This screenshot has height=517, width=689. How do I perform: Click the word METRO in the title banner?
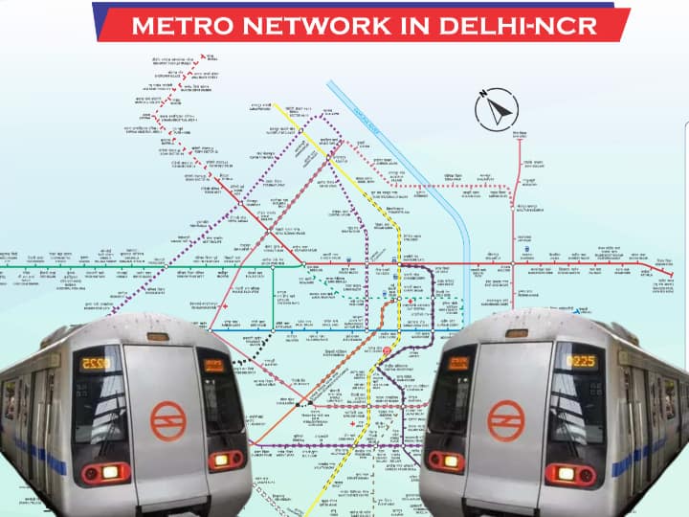point(176,25)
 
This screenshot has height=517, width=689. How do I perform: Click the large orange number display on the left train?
point(96,362)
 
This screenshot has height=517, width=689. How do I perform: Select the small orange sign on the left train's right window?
point(213,364)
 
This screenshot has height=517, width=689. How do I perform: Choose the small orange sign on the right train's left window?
point(459,364)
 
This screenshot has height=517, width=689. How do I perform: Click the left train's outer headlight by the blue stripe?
point(102,473)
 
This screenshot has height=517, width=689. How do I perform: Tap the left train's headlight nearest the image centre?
point(226,460)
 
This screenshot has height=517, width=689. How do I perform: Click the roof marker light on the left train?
point(157,336)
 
